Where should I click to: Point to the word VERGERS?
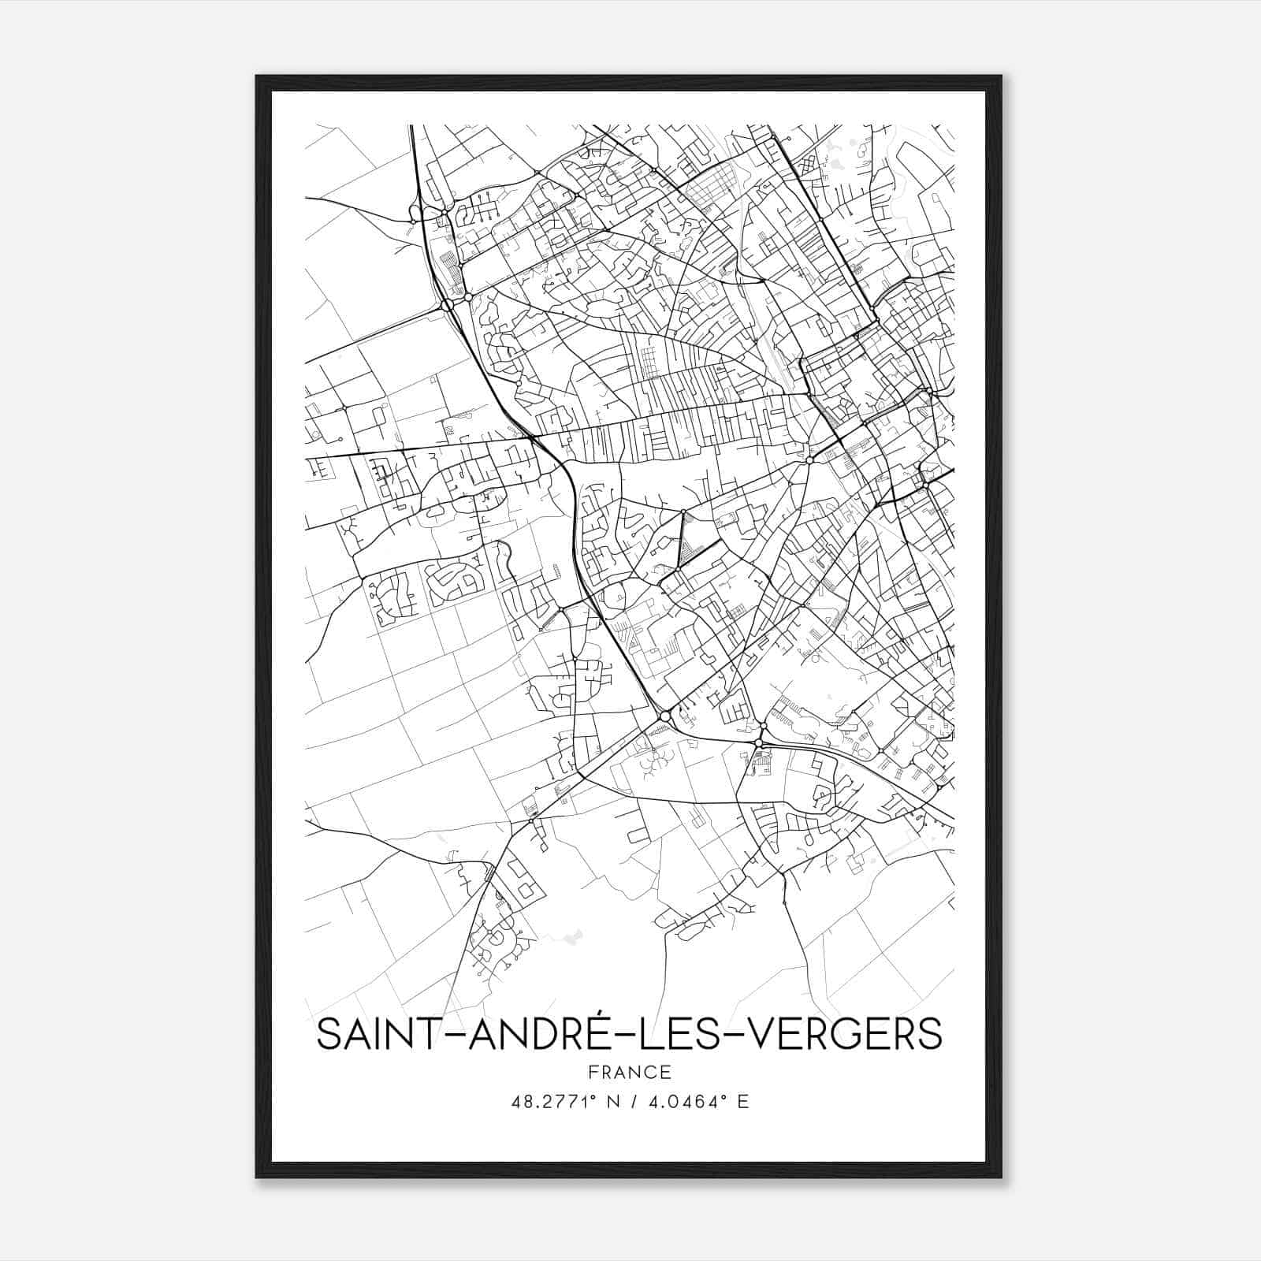tap(843, 1034)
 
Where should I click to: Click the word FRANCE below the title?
tap(629, 1073)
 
